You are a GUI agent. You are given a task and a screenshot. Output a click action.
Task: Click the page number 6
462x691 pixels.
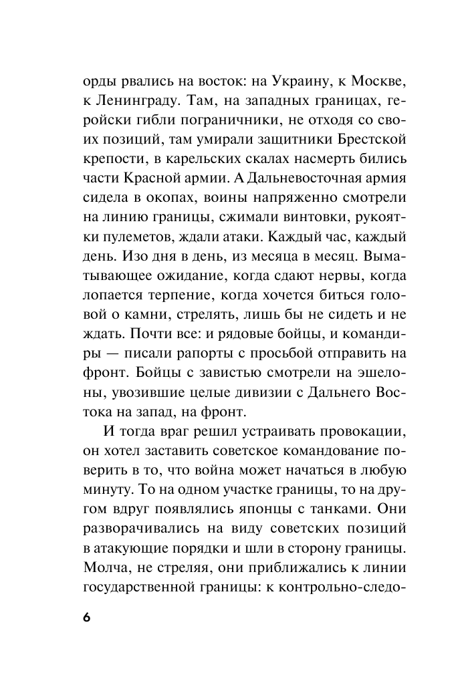[x=87, y=615]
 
